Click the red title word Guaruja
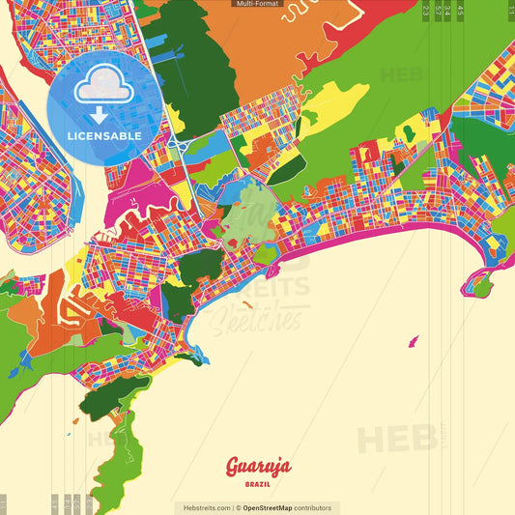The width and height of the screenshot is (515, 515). (257, 468)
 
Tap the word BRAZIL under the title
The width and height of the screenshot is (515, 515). (257, 483)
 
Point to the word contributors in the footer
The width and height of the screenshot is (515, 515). (313, 507)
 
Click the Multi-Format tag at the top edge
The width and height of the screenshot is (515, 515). (257, 4)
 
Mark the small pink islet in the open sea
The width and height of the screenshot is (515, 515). (415, 340)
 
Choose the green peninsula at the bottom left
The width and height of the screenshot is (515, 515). (126, 454)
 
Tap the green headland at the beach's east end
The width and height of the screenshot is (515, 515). (479, 281)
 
